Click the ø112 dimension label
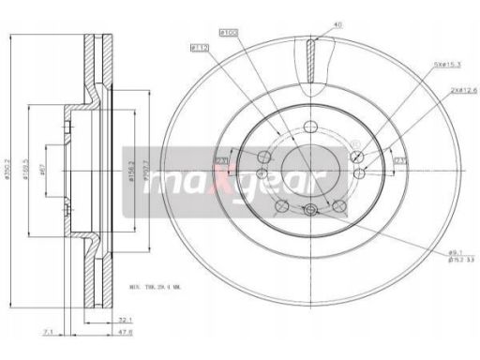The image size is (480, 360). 198,47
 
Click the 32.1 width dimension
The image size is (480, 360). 125,320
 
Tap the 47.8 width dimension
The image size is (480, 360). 125,332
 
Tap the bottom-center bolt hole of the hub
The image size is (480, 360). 309,211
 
